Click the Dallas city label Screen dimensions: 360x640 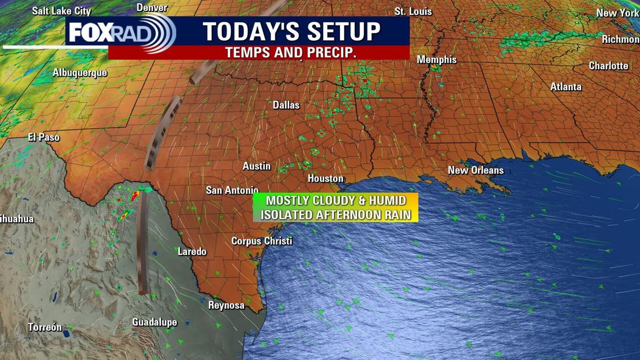click(286, 105)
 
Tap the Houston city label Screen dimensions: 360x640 click(325, 178)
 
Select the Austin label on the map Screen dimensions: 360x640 click(256, 166)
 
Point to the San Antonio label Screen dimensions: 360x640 click(232, 190)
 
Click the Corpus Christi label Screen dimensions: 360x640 click(262, 241)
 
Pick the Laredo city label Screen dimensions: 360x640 click(192, 251)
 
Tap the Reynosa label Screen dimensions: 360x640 click(226, 305)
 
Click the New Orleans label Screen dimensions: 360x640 click(476, 170)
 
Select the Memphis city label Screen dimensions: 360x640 click(437, 60)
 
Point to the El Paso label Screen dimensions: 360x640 click(44, 137)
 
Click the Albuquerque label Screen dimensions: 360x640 click(80, 73)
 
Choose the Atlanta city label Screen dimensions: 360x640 click(566, 87)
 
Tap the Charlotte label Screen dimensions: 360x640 click(608, 66)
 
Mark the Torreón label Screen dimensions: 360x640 click(45, 328)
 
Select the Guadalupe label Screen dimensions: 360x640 click(155, 323)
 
